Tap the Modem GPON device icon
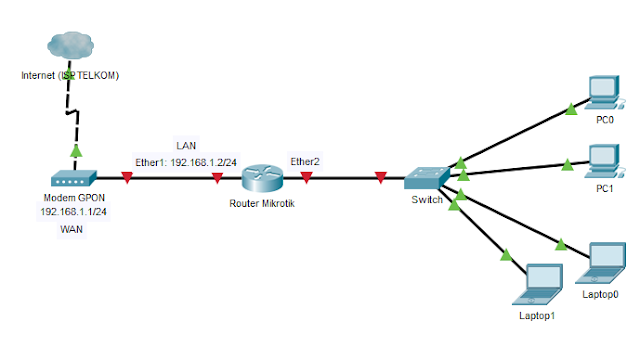click(73, 180)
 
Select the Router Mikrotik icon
click(261, 179)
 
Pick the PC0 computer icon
click(604, 93)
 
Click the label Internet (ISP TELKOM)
click(70, 75)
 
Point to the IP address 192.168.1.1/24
click(73, 212)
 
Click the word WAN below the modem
click(73, 229)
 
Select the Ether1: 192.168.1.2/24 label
click(186, 160)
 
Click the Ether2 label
click(305, 160)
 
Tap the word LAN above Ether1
click(186, 145)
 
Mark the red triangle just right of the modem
click(127, 179)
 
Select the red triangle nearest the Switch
click(381, 179)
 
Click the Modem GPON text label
click(73, 198)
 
